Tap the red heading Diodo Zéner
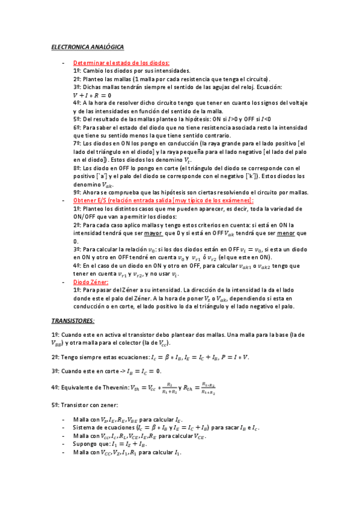pyautogui.click(x=90, y=281)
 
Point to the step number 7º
pyautogui.click(x=77, y=144)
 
